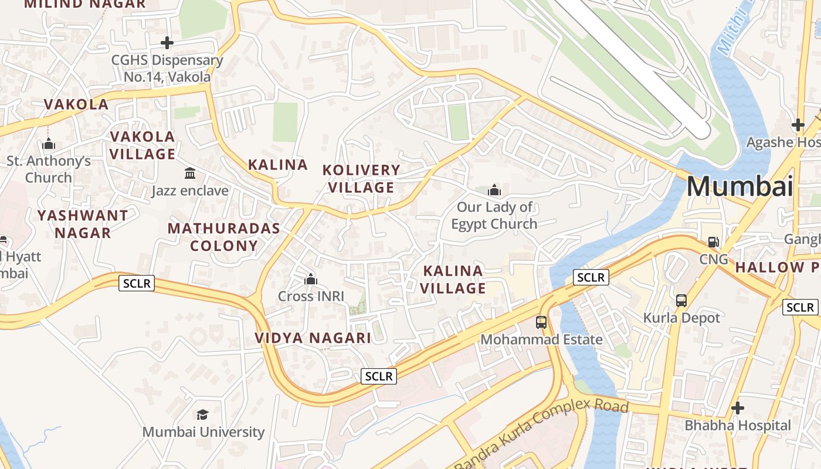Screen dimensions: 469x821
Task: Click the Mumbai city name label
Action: [739, 186]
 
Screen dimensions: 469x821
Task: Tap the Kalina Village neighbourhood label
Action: [453, 280]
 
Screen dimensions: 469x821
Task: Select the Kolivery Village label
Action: [361, 179]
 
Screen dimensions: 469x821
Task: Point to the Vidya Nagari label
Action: [313, 338]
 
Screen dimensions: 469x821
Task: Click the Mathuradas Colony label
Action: [224, 237]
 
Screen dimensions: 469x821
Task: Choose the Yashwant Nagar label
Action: [83, 224]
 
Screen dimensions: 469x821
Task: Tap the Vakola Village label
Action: [143, 145]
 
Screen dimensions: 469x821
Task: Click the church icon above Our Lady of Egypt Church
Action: [494, 190]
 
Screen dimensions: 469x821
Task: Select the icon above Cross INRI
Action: [311, 279]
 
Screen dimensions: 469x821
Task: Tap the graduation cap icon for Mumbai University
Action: [203, 415]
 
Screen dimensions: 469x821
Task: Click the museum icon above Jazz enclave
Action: [190, 174]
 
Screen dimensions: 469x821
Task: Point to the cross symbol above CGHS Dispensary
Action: [167, 43]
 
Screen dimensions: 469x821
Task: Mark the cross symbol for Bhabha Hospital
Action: [738, 407]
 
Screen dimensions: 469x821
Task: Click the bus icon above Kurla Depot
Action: [681, 300]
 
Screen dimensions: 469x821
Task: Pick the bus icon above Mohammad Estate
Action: [541, 322]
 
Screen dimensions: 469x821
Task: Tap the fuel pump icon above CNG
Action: [714, 242]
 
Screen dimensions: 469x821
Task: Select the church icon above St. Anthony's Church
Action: [49, 144]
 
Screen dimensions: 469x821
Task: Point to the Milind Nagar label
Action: [84, 4]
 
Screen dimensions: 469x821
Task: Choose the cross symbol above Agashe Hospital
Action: [798, 125]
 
